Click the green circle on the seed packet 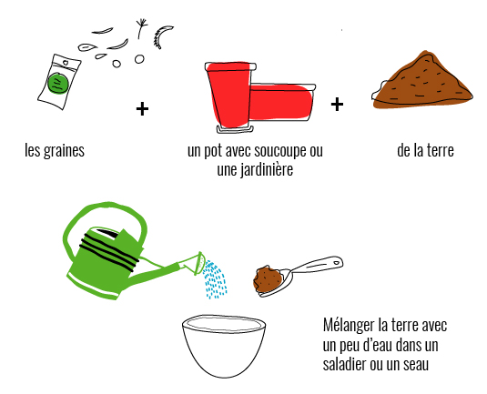[57, 83]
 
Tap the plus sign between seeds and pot [142, 109]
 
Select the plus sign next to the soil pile [337, 105]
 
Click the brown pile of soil [422, 81]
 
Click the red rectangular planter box [281, 102]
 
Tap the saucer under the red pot [236, 129]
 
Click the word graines [64, 151]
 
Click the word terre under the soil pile [441, 150]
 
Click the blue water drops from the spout [215, 279]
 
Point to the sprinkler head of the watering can [199, 263]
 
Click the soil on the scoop [269, 279]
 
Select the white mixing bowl [224, 346]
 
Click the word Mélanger [349, 327]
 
